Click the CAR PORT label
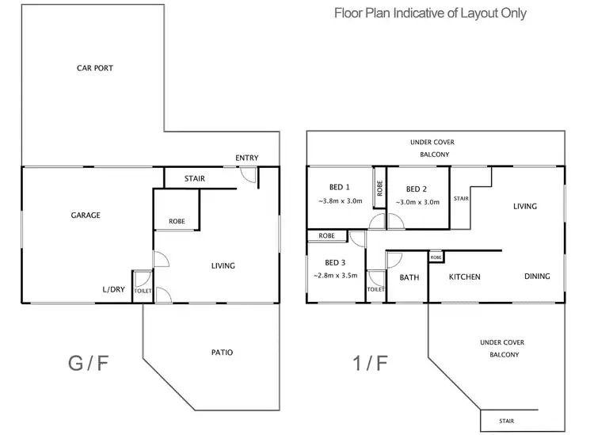[x=94, y=68]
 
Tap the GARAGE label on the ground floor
[x=86, y=215]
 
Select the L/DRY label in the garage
[x=113, y=289]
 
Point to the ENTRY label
[x=246, y=158]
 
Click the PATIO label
[x=223, y=353]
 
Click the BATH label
[x=409, y=277]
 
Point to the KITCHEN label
[x=465, y=277]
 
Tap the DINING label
[x=537, y=277]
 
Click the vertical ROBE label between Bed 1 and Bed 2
[x=380, y=189]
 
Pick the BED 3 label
[x=335, y=262]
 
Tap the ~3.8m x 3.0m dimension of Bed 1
[x=339, y=201]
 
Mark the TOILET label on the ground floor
[x=142, y=291]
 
